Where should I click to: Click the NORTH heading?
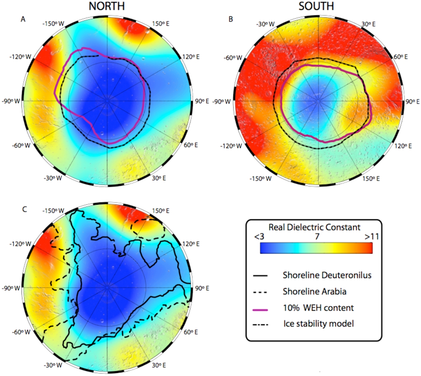click(x=107, y=6)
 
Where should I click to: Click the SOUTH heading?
click(x=316, y=6)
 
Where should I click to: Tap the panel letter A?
click(x=23, y=19)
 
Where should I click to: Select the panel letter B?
click(x=231, y=19)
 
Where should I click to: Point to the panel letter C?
click(x=24, y=209)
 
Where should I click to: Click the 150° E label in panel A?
click(x=161, y=24)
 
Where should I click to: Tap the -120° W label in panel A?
click(x=20, y=57)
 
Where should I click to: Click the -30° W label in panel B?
click(x=265, y=24)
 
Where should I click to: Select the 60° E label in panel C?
click(x=190, y=332)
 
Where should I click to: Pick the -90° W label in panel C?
click(x=11, y=288)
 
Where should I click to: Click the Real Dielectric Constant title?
click(x=314, y=227)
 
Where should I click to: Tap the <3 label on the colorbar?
click(x=259, y=237)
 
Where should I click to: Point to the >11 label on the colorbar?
click(x=372, y=237)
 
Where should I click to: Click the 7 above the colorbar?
click(x=317, y=237)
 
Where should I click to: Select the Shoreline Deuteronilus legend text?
click(x=327, y=275)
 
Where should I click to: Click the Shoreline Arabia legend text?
click(x=314, y=291)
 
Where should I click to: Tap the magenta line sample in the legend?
click(x=260, y=310)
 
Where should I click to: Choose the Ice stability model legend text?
click(x=318, y=324)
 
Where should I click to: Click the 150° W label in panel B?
click(x=260, y=179)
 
